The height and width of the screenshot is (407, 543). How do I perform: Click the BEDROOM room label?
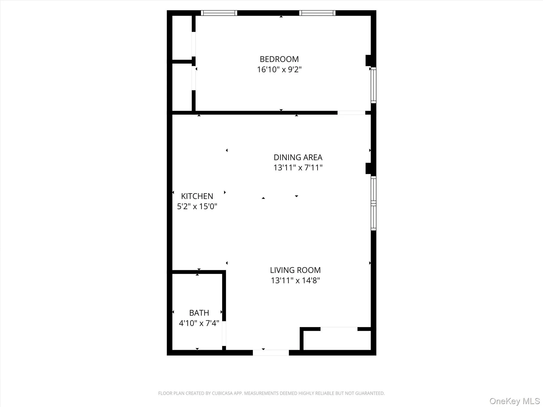(x=279, y=59)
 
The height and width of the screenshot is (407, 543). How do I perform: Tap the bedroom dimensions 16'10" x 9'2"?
(x=279, y=70)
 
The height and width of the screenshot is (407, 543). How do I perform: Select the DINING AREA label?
(x=298, y=157)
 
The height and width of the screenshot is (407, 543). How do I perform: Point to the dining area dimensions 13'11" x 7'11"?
(x=298, y=168)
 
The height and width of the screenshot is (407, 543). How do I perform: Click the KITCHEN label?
(x=197, y=196)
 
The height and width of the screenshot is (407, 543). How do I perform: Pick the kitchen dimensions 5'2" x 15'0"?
(x=197, y=206)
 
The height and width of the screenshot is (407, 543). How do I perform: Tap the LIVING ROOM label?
(x=295, y=270)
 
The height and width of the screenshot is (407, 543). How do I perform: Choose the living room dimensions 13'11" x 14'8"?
(x=295, y=280)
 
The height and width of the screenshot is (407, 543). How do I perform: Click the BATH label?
(x=199, y=313)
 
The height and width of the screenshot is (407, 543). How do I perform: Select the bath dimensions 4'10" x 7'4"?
(x=199, y=323)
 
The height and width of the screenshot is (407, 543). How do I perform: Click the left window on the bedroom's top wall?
(x=219, y=13)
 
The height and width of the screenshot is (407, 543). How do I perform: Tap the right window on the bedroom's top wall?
(x=317, y=13)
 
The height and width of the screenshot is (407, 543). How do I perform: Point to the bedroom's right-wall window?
(x=373, y=85)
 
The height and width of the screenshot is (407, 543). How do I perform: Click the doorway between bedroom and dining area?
(x=351, y=113)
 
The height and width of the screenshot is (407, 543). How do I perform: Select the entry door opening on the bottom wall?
(x=271, y=353)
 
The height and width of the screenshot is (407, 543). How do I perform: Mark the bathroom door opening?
(x=224, y=333)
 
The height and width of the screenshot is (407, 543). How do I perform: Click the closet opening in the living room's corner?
(x=339, y=329)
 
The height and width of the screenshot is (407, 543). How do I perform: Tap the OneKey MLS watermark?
(x=515, y=401)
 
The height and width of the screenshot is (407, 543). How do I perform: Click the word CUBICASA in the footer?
(x=222, y=393)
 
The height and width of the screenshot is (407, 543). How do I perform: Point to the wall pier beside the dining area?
(x=368, y=168)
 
